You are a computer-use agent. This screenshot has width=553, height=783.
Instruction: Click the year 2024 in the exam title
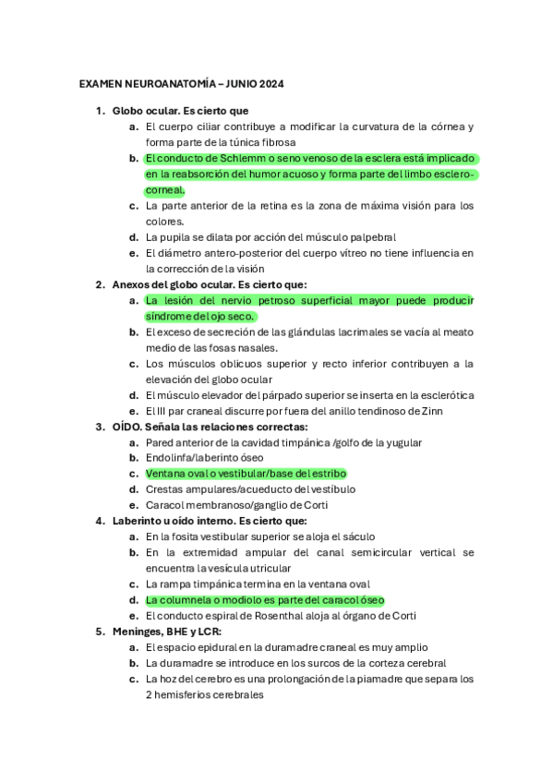(x=270, y=84)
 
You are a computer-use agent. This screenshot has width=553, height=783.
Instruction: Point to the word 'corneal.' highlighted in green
(x=165, y=189)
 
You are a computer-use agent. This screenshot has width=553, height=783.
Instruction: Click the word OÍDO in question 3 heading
(x=127, y=427)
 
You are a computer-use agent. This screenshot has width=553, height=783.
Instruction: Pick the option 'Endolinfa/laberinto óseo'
(x=206, y=458)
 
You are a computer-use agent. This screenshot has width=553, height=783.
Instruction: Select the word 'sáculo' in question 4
(x=361, y=536)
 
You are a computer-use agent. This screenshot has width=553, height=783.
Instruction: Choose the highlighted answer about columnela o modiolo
(x=264, y=599)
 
